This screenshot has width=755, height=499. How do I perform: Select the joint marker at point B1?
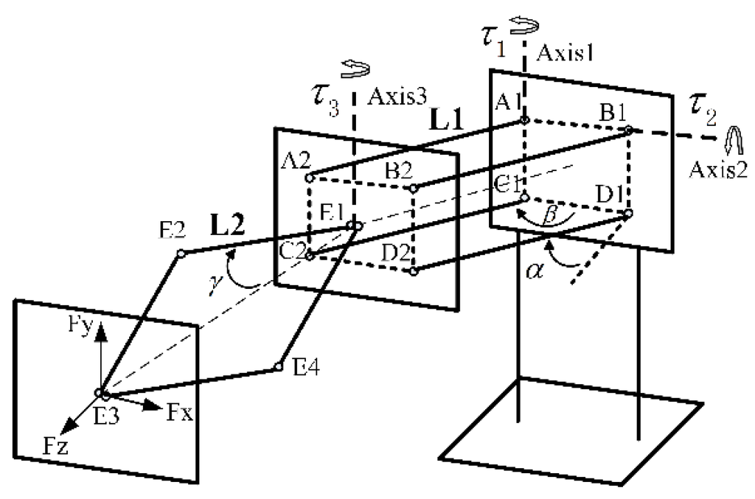[628, 130]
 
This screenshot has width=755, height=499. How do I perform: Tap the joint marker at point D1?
[628, 214]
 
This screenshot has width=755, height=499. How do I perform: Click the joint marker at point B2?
[414, 188]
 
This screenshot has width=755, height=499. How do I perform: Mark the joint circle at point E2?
[180, 254]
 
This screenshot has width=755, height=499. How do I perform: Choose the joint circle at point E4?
[279, 366]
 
